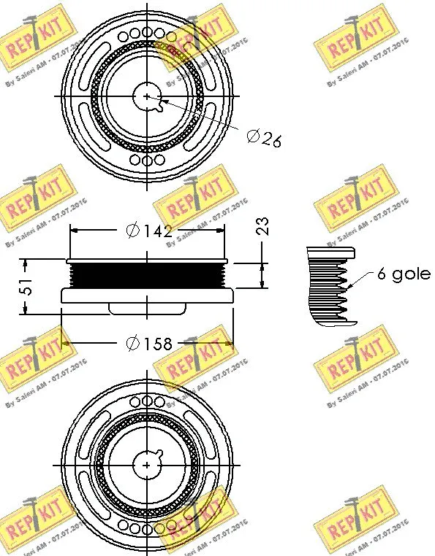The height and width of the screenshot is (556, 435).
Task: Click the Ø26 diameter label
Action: (264, 138)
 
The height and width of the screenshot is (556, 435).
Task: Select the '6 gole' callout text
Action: (403, 274)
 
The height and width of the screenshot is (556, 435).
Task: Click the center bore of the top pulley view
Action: (147, 96)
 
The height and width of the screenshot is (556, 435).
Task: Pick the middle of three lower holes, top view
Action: (147, 158)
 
